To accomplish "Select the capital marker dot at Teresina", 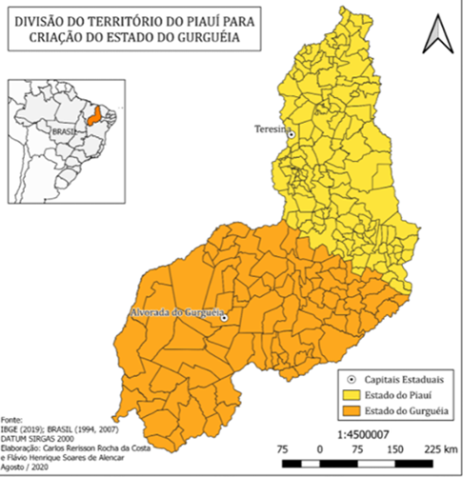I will [x=292, y=134].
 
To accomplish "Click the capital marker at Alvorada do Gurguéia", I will [x=224, y=319].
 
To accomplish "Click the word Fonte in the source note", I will [x=12, y=418].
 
